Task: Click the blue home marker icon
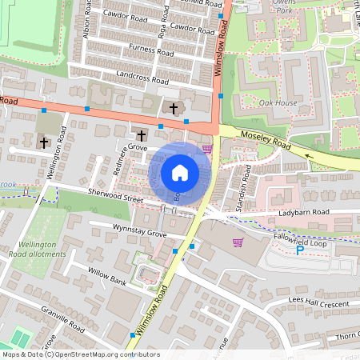[180, 172]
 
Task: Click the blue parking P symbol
[301, 250]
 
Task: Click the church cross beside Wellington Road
[44, 142]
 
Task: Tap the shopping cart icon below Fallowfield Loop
[237, 242]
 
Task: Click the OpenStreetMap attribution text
[80, 354]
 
